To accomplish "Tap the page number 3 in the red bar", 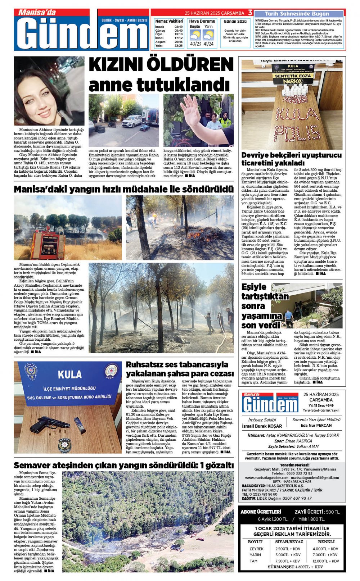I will point(250,13).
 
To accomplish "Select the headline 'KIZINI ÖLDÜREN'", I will point(161,65).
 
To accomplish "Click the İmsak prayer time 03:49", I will point(179,27).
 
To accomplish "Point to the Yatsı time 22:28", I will point(179,46).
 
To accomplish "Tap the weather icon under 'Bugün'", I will point(195,35).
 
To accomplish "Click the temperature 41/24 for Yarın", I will point(208,44).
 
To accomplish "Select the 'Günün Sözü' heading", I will point(235,22).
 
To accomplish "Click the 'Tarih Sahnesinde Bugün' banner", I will point(297,14).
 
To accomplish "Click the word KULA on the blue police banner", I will point(69,375).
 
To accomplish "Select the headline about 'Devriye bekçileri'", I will point(291,159).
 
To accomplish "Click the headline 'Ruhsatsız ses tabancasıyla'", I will point(177,364).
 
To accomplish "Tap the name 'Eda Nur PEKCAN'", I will point(316,425).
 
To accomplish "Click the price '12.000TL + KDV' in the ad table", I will point(325,561).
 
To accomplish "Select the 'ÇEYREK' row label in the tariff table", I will point(256,549).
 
